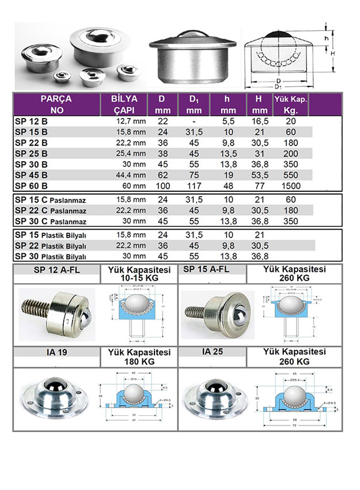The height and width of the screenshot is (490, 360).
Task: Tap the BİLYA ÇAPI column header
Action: click(124, 104)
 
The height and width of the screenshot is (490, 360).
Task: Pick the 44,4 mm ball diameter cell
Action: click(131, 174)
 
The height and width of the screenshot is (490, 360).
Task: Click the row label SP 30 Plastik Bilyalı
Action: click(50, 256)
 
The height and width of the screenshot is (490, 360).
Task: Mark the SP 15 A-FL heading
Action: click(206, 269)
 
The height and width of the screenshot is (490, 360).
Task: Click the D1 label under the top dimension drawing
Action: click(279, 87)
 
